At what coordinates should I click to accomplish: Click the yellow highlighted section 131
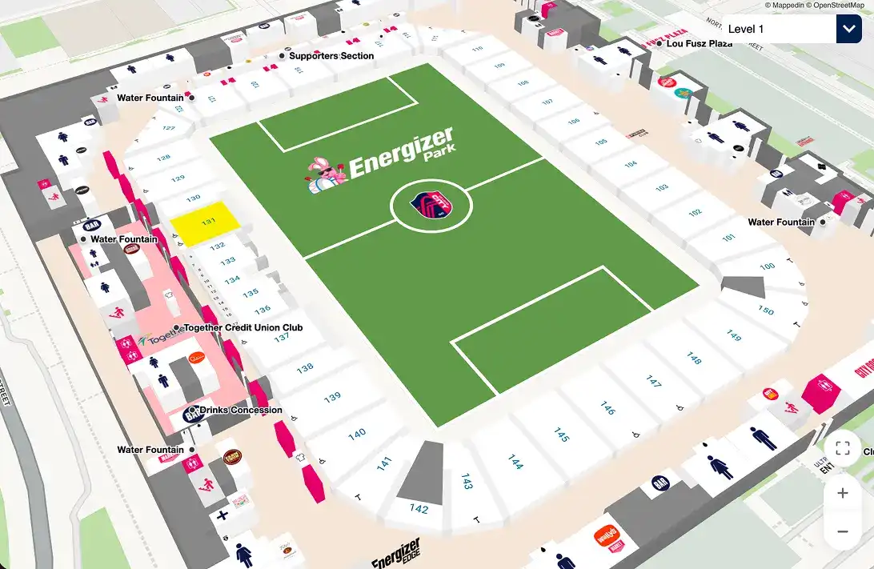click(206, 222)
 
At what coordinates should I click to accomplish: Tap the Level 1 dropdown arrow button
click(848, 30)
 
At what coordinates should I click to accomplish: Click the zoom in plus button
click(842, 493)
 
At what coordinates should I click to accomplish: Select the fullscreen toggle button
click(842, 448)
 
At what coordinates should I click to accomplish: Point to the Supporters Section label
click(331, 56)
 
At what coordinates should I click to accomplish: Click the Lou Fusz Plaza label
click(699, 43)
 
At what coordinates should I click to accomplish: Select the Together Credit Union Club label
click(243, 327)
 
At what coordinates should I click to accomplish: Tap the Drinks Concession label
click(240, 410)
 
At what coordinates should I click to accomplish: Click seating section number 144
click(515, 462)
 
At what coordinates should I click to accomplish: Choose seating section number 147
click(654, 382)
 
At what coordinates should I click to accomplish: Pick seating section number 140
click(357, 433)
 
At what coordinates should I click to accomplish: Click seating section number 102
click(695, 213)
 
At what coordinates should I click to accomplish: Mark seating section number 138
click(305, 368)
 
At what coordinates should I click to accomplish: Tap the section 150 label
click(766, 311)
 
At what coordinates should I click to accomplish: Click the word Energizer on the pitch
click(402, 152)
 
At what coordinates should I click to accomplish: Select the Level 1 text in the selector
click(746, 30)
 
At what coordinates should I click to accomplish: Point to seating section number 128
click(163, 158)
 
